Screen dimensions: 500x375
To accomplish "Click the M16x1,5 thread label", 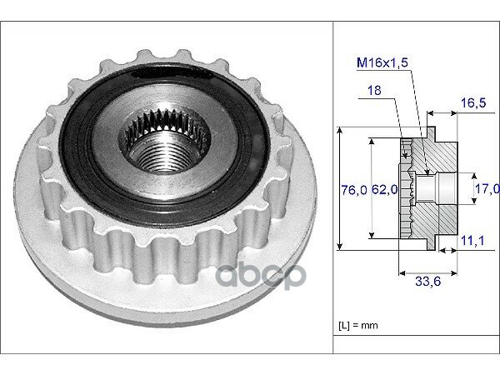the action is pos(382,62).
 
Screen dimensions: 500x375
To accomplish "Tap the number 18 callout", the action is pos(374,90).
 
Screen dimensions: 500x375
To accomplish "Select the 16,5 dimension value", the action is pos(473,103).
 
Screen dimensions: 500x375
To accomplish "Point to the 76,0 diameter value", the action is pos(354,190).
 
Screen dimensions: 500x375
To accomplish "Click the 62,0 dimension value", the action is pos(384,190).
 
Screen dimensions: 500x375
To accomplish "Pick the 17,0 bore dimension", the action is pos(487,189).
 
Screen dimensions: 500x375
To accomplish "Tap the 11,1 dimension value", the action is pos(472,241).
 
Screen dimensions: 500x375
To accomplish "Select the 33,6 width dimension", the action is pos(428,282).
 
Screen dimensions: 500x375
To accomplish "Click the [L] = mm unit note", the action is pos(358,325).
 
